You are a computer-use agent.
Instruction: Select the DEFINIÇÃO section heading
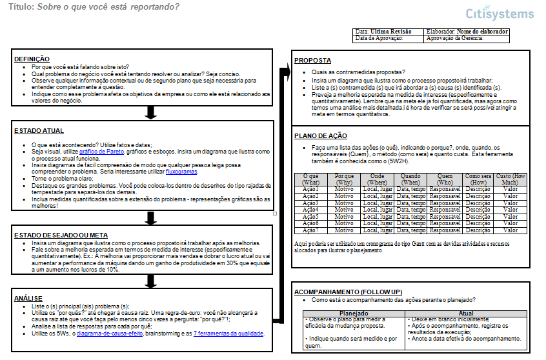pyautogui.click(x=32, y=59)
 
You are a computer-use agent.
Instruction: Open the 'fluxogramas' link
pyautogui.click(x=182, y=172)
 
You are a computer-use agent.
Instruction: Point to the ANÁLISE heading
pyautogui.click(x=28, y=299)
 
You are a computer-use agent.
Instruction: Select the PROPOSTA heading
pyautogui.click(x=312, y=61)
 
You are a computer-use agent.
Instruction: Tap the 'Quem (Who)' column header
pyautogui.click(x=445, y=179)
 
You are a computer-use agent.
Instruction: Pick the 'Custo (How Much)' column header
pyautogui.click(x=511, y=179)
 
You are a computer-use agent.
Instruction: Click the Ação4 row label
pyautogui.click(x=310, y=210)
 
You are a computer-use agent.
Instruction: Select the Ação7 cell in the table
pyautogui.click(x=310, y=230)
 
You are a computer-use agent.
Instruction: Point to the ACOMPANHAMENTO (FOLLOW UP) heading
pyautogui.click(x=348, y=292)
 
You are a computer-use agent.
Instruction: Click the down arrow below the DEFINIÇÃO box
pyautogui.click(x=151, y=113)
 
